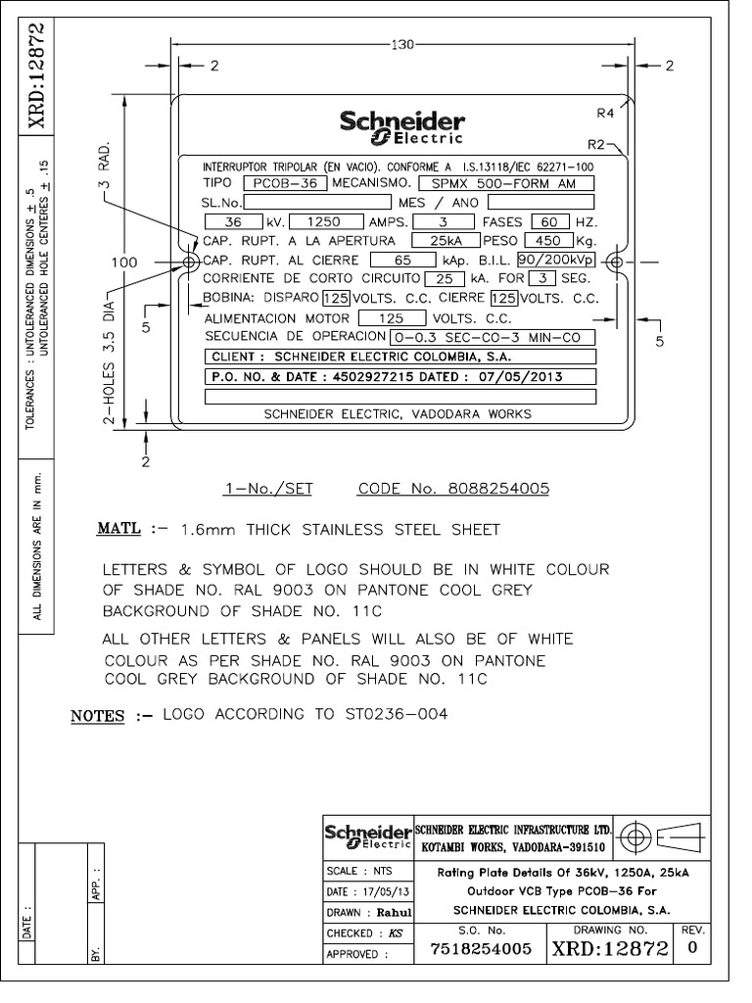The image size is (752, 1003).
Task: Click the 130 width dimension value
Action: click(402, 45)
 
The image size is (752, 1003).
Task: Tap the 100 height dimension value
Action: click(124, 263)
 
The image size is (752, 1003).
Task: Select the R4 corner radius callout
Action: click(605, 114)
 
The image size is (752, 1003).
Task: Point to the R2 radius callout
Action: click(596, 145)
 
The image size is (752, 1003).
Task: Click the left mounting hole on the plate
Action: click(190, 263)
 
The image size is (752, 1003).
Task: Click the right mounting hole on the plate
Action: click(617, 262)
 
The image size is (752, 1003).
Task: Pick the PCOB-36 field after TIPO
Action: click(285, 183)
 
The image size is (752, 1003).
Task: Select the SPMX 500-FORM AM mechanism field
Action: click(506, 183)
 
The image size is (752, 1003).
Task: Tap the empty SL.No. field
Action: click(317, 202)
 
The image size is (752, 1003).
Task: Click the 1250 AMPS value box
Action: click(326, 222)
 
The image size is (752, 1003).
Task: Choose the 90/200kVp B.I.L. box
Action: click(556, 260)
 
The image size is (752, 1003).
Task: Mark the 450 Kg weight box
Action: click(546, 241)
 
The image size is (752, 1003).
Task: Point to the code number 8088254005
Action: click(498, 489)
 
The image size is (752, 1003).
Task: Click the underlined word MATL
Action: click(118, 528)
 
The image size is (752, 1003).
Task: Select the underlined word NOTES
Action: click(97, 716)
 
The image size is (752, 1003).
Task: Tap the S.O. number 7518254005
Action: click(481, 948)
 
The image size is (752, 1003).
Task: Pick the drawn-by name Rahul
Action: click(394, 913)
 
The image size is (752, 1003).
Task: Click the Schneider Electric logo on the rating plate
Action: click(402, 127)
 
